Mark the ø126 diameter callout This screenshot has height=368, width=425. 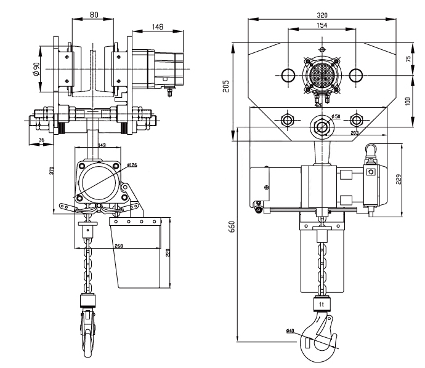coord(132,165)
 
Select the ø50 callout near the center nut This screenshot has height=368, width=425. coord(335,116)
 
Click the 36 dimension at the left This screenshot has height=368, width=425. coord(41,140)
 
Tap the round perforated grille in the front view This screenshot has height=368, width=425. coord(320,74)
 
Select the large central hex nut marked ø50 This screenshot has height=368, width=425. coord(321,126)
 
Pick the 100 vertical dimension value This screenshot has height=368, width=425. coord(408,100)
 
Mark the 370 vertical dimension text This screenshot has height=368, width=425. coord(52,171)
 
